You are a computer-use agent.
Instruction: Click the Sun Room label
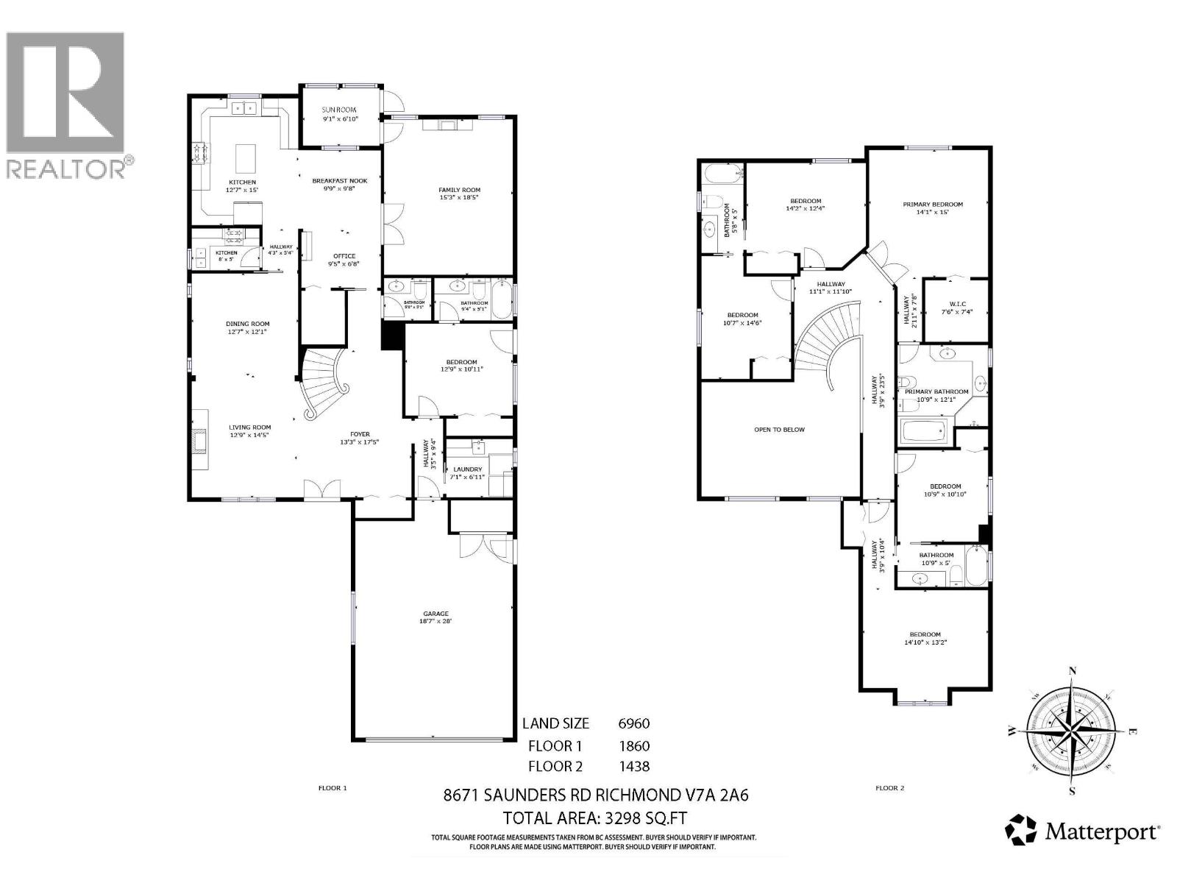click(339, 110)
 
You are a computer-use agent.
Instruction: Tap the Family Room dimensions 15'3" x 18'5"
click(459, 198)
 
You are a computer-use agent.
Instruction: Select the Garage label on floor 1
click(435, 614)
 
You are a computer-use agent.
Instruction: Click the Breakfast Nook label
click(339, 180)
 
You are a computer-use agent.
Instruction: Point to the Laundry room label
click(468, 469)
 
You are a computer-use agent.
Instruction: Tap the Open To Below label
click(779, 429)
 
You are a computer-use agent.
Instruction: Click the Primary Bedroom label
click(933, 205)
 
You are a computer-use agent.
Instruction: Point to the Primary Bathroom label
click(942, 391)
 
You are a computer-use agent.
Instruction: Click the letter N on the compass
click(1073, 670)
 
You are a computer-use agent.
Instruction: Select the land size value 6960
click(633, 724)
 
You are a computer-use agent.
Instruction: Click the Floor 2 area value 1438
click(633, 767)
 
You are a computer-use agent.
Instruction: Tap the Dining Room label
click(248, 324)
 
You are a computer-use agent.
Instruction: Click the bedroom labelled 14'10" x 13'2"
click(925, 638)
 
